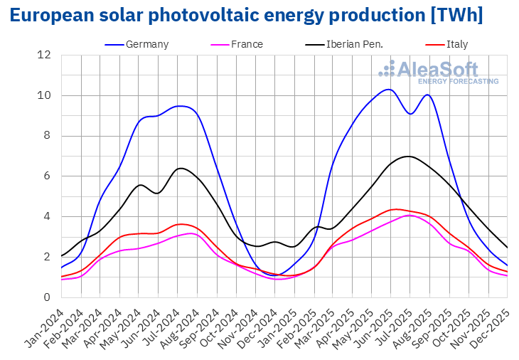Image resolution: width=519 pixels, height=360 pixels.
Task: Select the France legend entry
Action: [246, 44]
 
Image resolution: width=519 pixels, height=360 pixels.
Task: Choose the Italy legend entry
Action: [457, 44]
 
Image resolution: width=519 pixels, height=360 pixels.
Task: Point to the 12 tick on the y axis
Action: [45, 55]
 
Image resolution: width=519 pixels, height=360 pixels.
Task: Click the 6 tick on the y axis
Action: [48, 176]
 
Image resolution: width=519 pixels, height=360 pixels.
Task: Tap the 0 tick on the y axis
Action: [48, 297]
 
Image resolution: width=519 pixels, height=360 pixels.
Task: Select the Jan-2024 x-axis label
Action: [47, 325]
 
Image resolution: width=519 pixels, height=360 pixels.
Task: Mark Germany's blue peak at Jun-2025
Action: [387, 90]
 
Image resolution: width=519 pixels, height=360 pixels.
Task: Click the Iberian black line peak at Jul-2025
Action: [407, 156]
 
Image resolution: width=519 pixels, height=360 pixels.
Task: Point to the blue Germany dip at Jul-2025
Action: [410, 114]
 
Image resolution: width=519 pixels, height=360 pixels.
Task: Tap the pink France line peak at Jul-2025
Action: [409, 215]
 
